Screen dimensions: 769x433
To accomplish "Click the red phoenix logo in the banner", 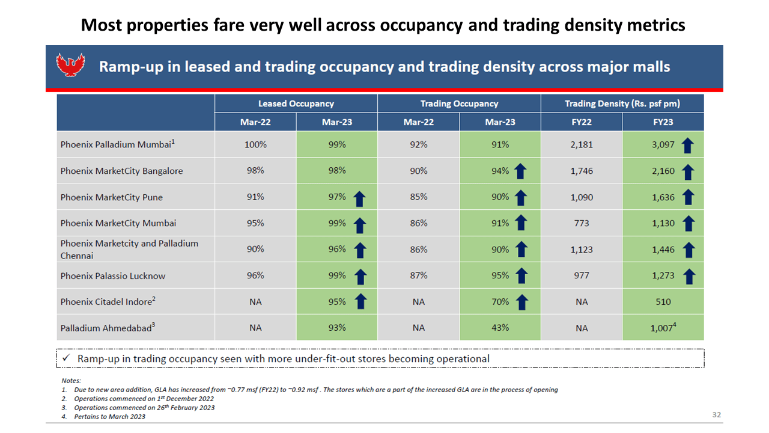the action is point(70,64).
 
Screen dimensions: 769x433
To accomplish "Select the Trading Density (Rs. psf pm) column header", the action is point(622,104).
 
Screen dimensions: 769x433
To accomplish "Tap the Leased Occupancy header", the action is point(296,104).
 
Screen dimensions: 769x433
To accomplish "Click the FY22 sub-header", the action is point(582,122).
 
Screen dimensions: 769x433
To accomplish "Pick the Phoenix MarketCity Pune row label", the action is point(112,197).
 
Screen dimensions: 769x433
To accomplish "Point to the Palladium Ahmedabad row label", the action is point(108,328).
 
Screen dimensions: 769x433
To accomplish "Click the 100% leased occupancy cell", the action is point(255,144).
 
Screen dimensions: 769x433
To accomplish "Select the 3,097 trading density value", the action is point(663,145).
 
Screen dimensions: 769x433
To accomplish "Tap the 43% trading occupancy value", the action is point(500,328).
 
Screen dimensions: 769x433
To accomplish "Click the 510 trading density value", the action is point(663,302).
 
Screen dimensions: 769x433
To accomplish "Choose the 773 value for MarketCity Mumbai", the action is point(582,223).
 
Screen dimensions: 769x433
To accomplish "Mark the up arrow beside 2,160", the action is point(688,172).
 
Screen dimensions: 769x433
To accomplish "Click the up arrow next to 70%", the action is point(522,302).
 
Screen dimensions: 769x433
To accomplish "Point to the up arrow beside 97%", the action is point(359,198).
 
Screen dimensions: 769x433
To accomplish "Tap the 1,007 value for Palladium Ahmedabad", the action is point(663,328).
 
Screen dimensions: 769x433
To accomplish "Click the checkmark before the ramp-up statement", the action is point(66,358).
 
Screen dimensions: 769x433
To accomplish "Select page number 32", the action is point(717,415).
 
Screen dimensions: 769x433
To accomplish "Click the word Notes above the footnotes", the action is point(71,381).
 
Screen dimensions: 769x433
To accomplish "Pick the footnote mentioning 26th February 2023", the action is point(138,408).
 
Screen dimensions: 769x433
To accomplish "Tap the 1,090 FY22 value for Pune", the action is point(582,198).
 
